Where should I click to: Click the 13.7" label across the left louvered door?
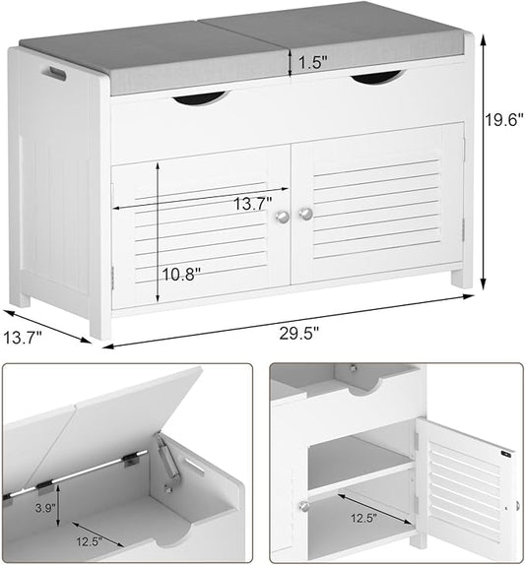tap(252, 205)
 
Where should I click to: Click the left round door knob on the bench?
tap(284, 216)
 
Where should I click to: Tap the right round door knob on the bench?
tap(305, 213)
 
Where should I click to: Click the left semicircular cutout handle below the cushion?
tap(199, 96)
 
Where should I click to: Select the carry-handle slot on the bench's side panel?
tap(53, 73)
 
